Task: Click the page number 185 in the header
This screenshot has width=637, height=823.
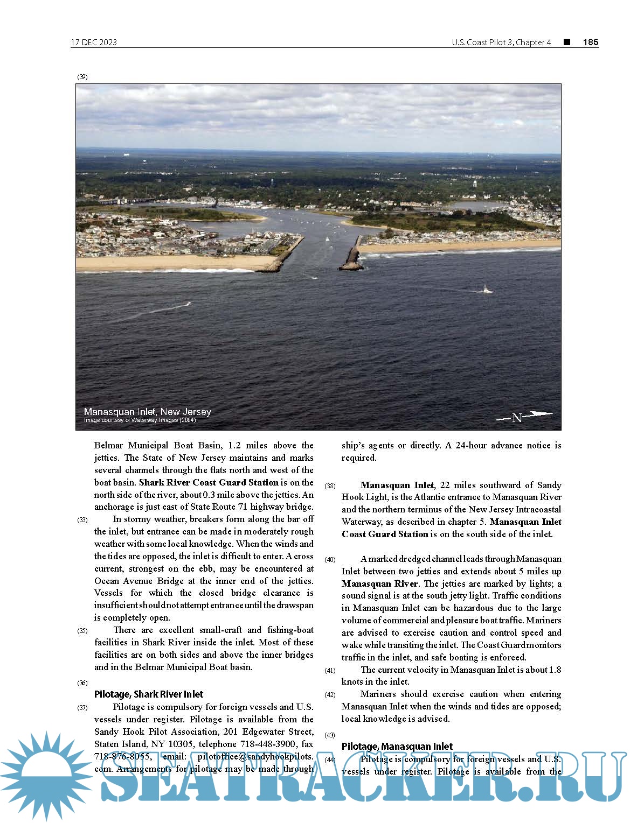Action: coord(590,42)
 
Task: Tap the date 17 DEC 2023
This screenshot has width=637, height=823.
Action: coord(94,43)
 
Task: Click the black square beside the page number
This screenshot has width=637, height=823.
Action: coord(567,42)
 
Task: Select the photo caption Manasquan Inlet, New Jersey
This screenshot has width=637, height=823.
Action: coord(147,412)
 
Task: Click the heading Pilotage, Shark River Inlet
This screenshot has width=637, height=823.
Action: coord(149,694)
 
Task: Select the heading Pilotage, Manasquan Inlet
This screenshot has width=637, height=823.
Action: coord(397,747)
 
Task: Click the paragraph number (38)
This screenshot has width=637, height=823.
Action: coord(330,486)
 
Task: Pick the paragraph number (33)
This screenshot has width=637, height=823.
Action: coord(82,520)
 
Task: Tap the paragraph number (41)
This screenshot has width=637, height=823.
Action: coord(330,671)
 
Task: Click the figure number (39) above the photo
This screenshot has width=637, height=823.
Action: coord(82,77)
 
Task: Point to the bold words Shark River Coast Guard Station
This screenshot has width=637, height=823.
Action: coord(209,482)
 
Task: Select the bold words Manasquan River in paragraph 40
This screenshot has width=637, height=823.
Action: coord(379,583)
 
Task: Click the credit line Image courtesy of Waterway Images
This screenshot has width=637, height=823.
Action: coord(140,420)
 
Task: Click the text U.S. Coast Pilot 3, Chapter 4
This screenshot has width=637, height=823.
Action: coord(501,43)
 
